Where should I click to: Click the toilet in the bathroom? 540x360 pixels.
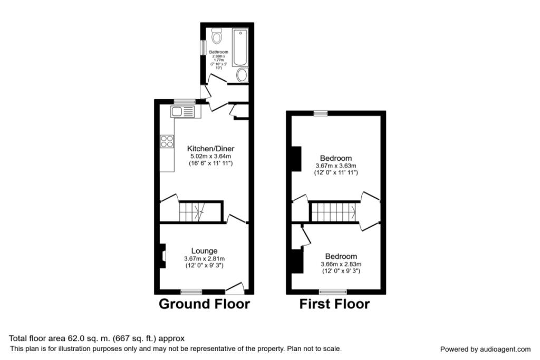tap(216, 36)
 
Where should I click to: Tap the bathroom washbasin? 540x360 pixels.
tap(242, 75)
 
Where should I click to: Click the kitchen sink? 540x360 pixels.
tap(182, 111)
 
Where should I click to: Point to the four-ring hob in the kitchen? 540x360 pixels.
tap(167, 141)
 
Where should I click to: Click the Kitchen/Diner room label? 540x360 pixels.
tap(210, 149)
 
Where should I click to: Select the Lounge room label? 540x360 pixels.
tap(204, 251)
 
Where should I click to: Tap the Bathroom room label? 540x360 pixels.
tap(218, 52)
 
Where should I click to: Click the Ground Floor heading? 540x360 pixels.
tap(204, 304)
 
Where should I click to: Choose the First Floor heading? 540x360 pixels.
tap(334, 304)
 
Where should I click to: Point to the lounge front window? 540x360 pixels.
tap(191, 291)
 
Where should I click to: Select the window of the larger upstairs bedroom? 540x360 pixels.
tap(320, 113)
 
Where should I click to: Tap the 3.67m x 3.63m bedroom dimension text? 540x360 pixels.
tap(335, 166)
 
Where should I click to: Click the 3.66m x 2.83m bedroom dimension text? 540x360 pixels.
tap(341, 264)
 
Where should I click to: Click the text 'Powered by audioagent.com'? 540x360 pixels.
tap(485, 349)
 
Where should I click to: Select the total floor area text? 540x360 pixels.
tap(97, 338)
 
